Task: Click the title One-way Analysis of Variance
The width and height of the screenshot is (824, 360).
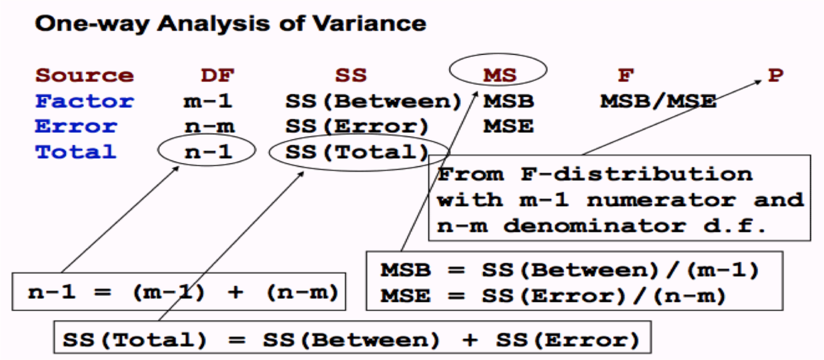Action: (230, 24)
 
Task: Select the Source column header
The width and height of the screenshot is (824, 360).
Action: (85, 75)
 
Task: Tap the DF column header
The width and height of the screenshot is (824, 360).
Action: (217, 75)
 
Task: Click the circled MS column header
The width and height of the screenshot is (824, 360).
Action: (500, 75)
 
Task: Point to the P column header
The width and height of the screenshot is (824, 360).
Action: (775, 75)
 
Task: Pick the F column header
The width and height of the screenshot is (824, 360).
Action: (626, 75)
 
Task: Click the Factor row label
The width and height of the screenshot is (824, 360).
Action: (85, 101)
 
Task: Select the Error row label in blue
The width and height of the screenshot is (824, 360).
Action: (76, 126)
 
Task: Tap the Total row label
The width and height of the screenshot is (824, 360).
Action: (76, 151)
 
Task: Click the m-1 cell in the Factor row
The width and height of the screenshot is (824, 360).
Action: (208, 101)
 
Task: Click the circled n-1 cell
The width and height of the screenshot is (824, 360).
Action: (208, 151)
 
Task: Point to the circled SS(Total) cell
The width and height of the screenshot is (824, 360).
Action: (357, 151)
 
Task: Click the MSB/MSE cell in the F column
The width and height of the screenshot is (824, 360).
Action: (658, 101)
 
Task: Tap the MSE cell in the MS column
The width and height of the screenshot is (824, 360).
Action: (508, 126)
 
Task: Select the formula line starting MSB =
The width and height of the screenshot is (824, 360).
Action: (569, 270)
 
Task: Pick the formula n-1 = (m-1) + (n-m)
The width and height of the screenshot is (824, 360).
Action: (183, 292)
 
